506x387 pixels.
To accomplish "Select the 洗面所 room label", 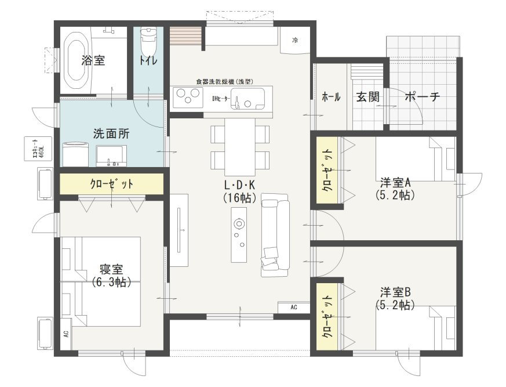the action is (x=111, y=133).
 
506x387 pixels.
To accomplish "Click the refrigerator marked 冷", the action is (x=295, y=41).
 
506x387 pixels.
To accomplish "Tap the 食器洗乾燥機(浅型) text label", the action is (x=225, y=82).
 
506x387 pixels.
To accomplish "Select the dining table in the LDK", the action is (x=240, y=147).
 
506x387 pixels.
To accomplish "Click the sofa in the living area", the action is (x=275, y=235).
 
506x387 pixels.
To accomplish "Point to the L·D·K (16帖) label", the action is (x=240, y=191).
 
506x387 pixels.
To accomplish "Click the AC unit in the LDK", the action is (x=294, y=307).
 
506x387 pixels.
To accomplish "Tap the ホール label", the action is (x=331, y=96).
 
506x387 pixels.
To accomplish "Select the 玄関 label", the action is (x=368, y=96).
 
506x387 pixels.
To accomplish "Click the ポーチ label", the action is (x=422, y=96).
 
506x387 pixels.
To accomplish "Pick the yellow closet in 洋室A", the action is (x=327, y=170).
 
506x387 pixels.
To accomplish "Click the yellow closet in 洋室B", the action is (x=327, y=317).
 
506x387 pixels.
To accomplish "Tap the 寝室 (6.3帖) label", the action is (x=111, y=276).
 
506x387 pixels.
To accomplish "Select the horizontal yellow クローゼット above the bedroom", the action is (x=112, y=184).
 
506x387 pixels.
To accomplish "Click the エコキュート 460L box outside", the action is (x=38, y=149).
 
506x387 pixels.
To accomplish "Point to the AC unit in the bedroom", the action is (x=66, y=334).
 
